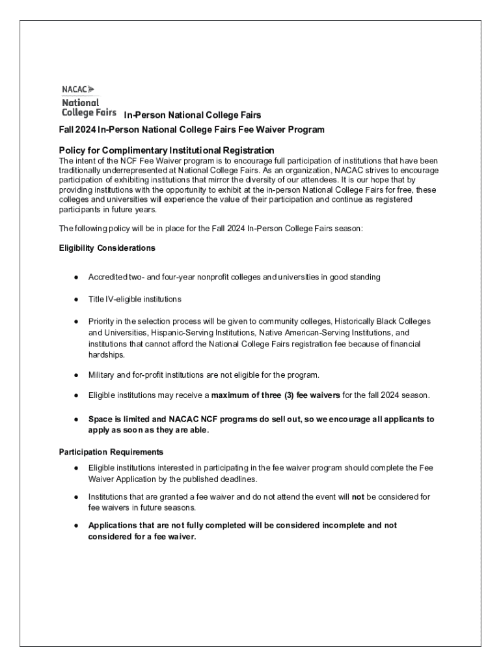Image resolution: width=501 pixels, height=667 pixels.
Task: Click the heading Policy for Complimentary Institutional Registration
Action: [x=162, y=150]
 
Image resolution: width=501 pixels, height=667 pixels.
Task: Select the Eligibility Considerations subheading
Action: [x=107, y=248]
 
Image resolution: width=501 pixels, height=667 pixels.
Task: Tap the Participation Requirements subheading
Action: [x=111, y=451]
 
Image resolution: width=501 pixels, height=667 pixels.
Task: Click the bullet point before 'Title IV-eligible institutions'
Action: [x=76, y=300]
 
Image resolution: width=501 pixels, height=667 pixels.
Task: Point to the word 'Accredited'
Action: [x=107, y=277]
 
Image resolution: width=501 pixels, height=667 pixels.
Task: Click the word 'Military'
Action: [x=103, y=375]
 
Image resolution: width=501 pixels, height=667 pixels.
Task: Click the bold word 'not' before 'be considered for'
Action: [x=358, y=497]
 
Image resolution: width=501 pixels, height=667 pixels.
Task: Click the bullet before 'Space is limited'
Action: [x=76, y=419]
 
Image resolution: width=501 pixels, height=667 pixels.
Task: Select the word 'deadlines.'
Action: [x=238, y=479]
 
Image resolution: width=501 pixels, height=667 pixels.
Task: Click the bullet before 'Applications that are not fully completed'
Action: [x=76, y=525]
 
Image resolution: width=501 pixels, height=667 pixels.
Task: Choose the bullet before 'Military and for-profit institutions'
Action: [x=76, y=376]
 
